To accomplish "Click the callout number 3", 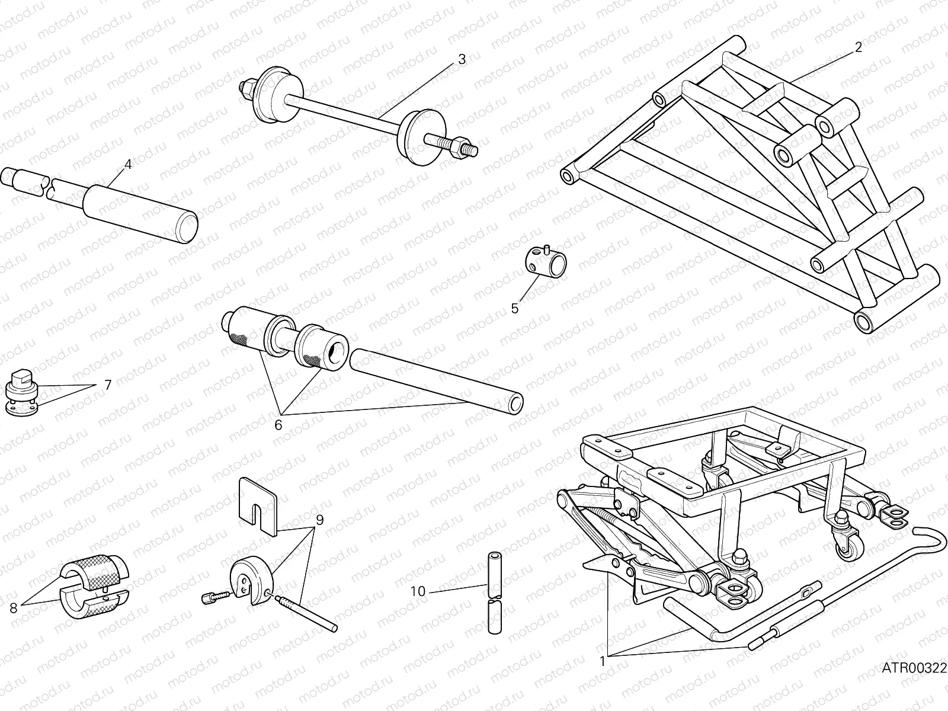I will pyautogui.click(x=462, y=59).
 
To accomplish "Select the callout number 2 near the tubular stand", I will pyautogui.click(x=858, y=49).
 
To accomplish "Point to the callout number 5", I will pyautogui.click(x=514, y=308).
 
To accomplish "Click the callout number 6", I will pyautogui.click(x=278, y=425).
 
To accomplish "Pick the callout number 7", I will pyautogui.click(x=107, y=385).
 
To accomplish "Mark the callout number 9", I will pyautogui.click(x=319, y=520).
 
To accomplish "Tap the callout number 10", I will pyautogui.click(x=418, y=591).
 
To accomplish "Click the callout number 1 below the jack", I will pyautogui.click(x=603, y=662).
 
